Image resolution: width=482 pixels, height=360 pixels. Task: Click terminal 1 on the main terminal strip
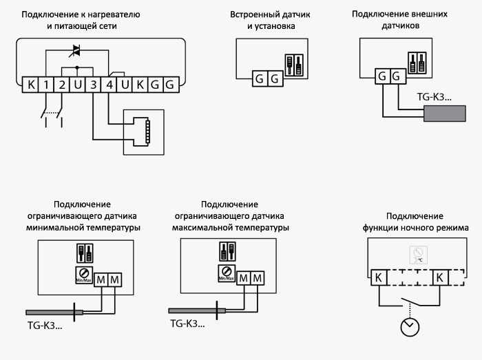45,85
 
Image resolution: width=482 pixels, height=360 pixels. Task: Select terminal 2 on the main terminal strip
61,85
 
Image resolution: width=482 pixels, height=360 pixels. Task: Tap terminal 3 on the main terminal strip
93,85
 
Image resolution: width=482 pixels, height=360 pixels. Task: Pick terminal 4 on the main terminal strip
109,85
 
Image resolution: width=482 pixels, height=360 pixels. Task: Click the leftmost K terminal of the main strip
30,85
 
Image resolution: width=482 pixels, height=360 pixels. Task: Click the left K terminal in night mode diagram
379,278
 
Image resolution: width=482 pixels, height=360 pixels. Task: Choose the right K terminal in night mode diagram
439,278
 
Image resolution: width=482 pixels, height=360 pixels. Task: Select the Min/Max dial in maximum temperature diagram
225,273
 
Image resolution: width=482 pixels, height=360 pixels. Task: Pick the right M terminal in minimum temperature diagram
114,279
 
